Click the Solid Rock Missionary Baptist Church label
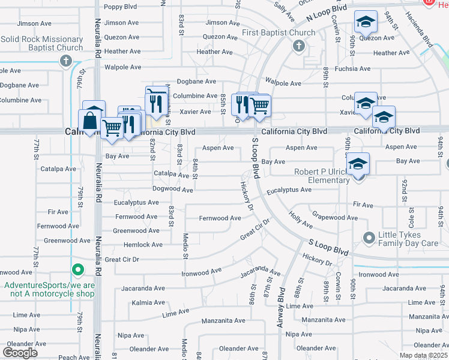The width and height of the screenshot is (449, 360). [x=41, y=43]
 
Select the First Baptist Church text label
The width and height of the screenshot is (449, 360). [x=279, y=32]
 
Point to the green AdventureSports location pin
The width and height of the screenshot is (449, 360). [x=76, y=271]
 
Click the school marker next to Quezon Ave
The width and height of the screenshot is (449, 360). [x=365, y=22]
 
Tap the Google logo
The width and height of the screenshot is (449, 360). [x=20, y=353]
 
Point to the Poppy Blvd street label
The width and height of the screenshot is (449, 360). [x=121, y=7]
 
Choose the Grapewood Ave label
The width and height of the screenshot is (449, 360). [x=335, y=218]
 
